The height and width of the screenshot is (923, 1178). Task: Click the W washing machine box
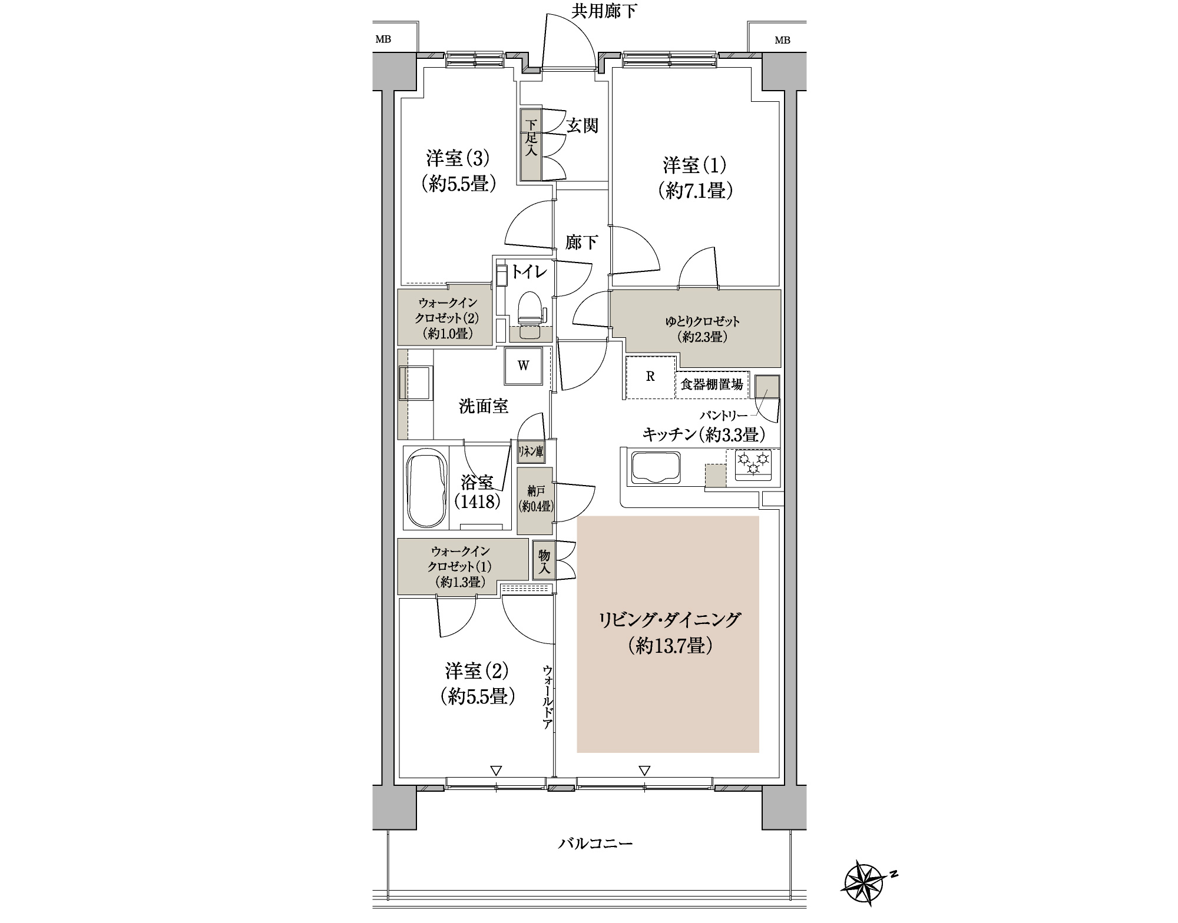point(523,366)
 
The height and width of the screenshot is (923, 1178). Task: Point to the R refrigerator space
point(650,377)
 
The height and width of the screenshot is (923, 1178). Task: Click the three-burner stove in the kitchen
point(753,463)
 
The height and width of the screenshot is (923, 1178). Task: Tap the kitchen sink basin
point(656,467)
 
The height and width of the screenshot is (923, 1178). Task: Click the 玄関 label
point(582,125)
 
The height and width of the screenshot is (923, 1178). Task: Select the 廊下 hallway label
point(581,242)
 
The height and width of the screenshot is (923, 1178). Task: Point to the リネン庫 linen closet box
point(531,452)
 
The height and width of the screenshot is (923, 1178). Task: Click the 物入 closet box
point(544,562)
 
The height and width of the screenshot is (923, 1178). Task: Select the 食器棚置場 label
point(711,385)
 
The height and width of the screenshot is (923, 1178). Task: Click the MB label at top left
point(383,40)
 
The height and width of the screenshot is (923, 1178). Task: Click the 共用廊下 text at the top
point(604,11)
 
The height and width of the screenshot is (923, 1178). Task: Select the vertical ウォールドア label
point(547,697)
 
